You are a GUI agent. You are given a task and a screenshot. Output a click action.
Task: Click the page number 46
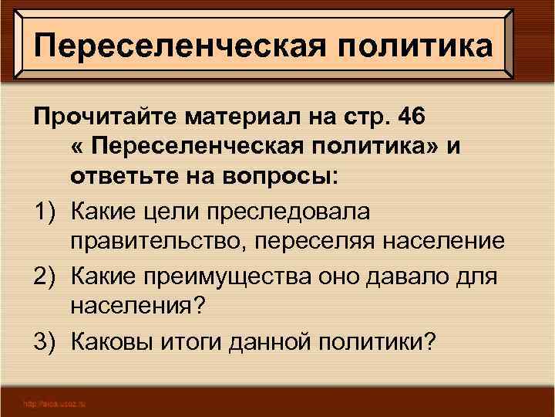click(x=422, y=117)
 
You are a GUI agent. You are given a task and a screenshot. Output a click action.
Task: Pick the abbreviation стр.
click(x=372, y=117)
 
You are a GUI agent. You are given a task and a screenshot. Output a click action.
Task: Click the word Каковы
click(x=113, y=341)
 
